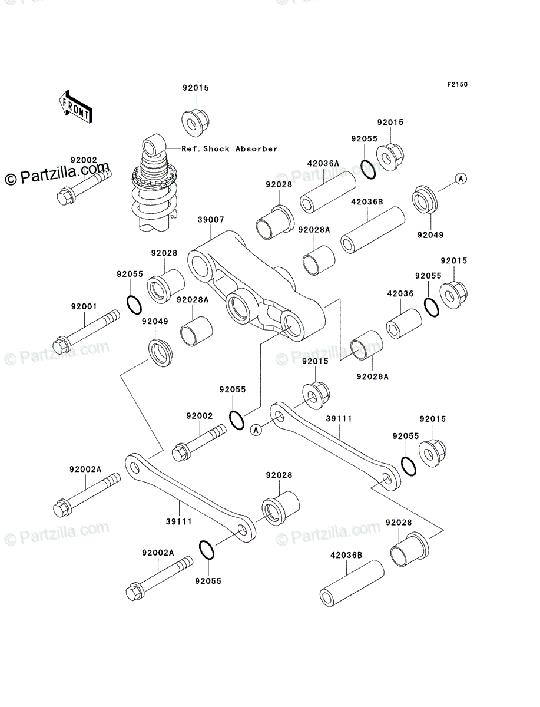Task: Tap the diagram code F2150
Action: (x=456, y=85)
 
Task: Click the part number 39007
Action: (x=210, y=220)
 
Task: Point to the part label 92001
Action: (x=84, y=306)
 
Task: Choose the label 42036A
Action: (x=323, y=163)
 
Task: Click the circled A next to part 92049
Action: (x=461, y=178)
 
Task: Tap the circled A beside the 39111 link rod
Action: (x=256, y=430)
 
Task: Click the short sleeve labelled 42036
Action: (x=403, y=323)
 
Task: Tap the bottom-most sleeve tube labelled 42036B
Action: (x=351, y=584)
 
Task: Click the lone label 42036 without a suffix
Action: (x=400, y=293)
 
